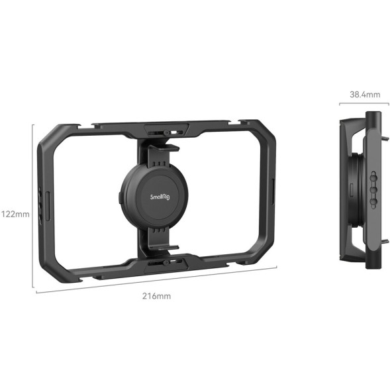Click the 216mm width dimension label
(x=156, y=296)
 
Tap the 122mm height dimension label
(x=15, y=214)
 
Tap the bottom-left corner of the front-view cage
(x=54, y=271)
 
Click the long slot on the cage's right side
(x=272, y=191)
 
